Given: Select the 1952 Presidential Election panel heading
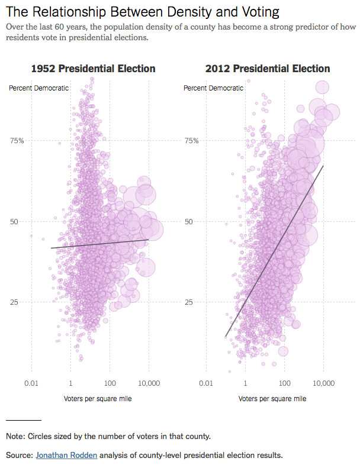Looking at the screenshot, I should [93, 69].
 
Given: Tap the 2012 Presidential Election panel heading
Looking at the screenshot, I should [268, 69].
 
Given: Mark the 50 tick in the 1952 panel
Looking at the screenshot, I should [16, 221].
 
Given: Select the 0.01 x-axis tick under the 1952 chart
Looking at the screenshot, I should [31, 384].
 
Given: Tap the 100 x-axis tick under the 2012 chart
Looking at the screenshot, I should [284, 384].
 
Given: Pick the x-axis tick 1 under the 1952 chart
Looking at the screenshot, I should [70, 384].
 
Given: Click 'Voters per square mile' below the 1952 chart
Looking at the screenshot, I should [98, 399].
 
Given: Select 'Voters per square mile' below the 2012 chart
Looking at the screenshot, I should [272, 399].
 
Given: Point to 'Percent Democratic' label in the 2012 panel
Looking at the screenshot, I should [213, 88].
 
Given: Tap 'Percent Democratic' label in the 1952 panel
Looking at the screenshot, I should [38, 88].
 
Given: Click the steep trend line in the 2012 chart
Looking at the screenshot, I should [275, 250].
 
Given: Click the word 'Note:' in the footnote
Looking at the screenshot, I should [16, 436].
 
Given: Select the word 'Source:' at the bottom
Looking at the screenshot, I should [19, 455].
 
